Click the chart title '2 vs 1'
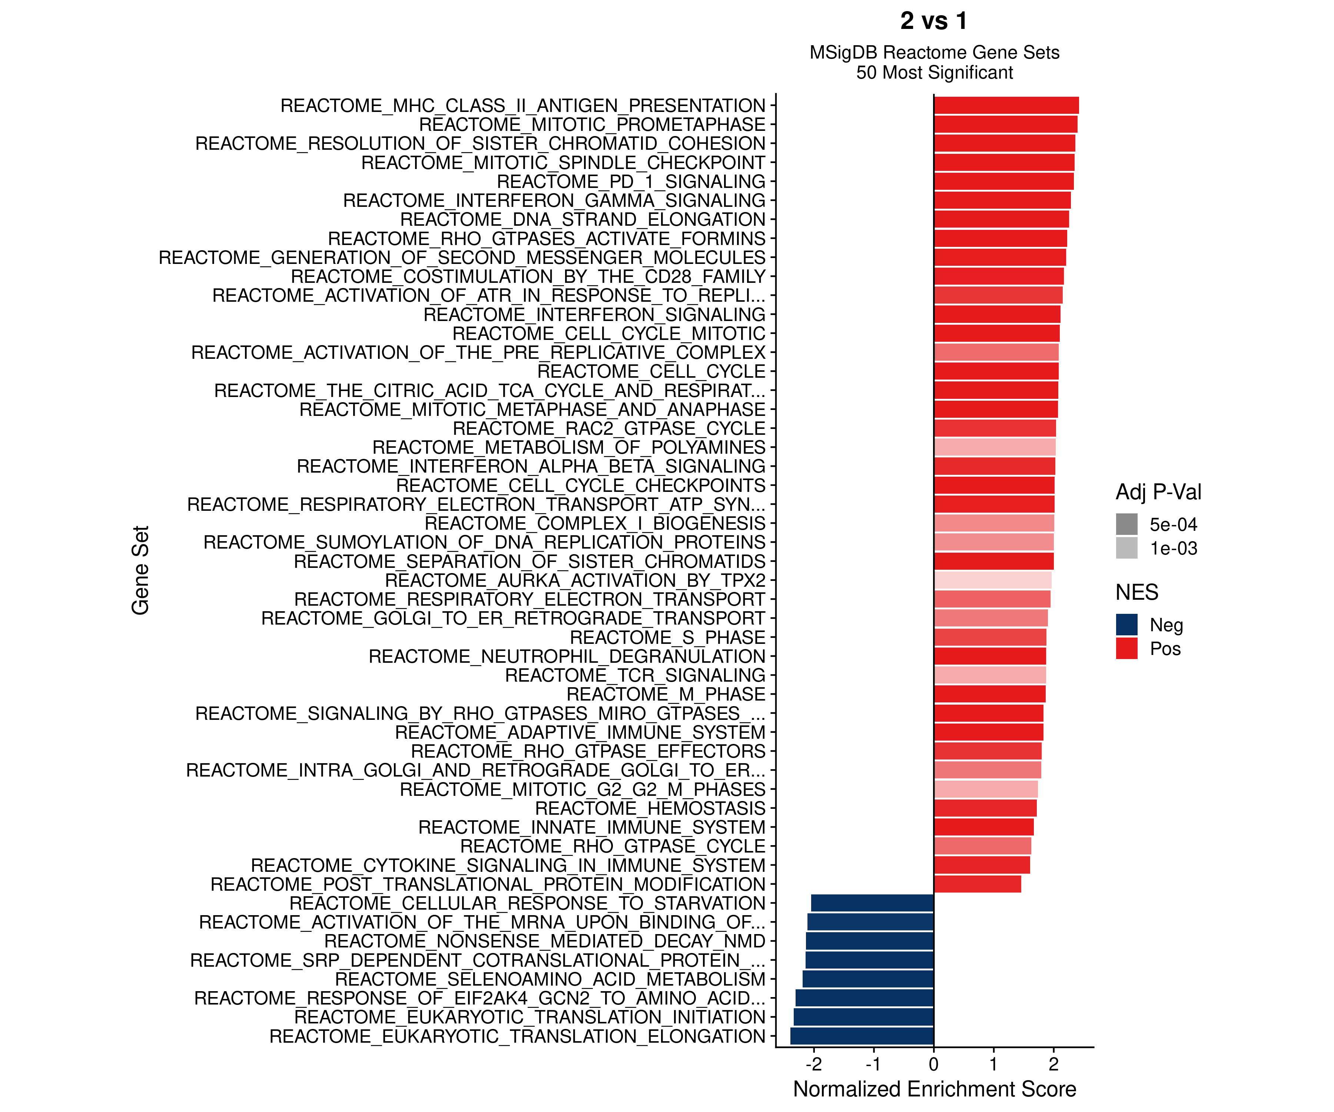pyautogui.click(x=934, y=21)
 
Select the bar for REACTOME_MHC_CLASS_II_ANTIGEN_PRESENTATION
pyautogui.click(x=1006, y=106)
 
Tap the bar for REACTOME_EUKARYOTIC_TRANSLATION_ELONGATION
pyautogui.click(x=862, y=1036)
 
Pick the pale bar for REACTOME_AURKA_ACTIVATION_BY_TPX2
pyautogui.click(x=993, y=580)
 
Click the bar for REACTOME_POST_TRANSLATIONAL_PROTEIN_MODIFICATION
pyautogui.click(x=978, y=884)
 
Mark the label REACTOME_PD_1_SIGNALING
pyautogui.click(x=631, y=182)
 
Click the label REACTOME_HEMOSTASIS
pyautogui.click(x=650, y=808)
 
